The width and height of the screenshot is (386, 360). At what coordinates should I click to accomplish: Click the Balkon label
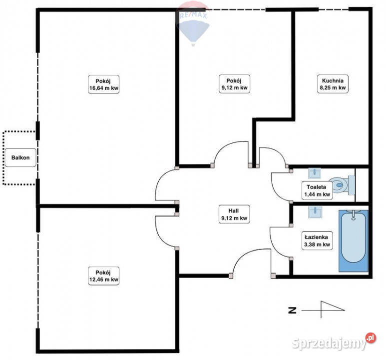[20, 157]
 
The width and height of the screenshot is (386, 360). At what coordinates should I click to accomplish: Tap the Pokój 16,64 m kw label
[104, 84]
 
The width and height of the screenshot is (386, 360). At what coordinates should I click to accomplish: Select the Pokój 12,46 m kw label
[104, 276]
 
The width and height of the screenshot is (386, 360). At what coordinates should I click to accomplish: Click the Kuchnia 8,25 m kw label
[333, 84]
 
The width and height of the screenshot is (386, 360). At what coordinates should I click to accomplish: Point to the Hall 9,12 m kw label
[234, 214]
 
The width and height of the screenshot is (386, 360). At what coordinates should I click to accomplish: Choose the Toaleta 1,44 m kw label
[317, 190]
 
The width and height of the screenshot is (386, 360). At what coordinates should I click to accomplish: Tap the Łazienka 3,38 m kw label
[317, 240]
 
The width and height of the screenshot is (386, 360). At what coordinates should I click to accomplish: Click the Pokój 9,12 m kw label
[234, 84]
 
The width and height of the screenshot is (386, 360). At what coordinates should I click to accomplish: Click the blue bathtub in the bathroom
[354, 240]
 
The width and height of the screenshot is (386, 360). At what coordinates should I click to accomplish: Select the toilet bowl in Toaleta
[342, 185]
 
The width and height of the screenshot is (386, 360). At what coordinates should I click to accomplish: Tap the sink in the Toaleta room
[315, 173]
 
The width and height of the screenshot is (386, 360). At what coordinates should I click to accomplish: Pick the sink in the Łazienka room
[315, 212]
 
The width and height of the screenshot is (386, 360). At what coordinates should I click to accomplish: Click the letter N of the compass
[292, 310]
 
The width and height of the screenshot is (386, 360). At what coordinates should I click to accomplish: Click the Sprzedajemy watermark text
[329, 343]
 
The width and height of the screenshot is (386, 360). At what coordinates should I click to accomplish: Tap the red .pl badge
[371, 338]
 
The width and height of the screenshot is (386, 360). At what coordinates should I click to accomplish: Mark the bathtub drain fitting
[354, 215]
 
